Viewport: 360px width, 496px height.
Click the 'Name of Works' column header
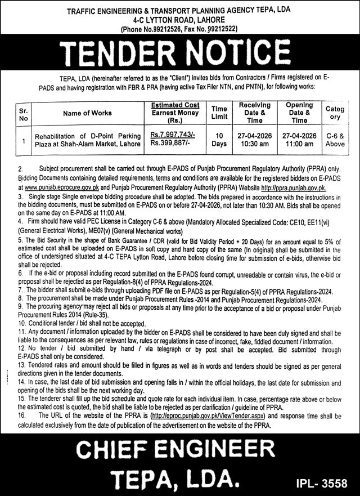(87, 113)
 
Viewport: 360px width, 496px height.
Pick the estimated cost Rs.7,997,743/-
(172, 136)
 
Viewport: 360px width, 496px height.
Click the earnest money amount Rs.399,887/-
(170, 145)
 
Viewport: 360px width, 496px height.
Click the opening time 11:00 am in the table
(299, 145)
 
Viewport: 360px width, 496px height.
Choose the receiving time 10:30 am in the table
(254, 145)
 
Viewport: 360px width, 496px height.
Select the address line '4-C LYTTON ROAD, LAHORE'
(180, 18)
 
